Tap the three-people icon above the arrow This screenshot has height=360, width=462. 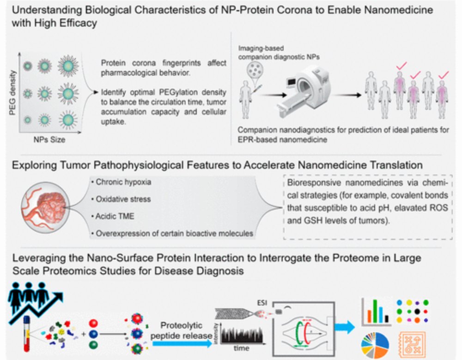coord(28,295)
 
